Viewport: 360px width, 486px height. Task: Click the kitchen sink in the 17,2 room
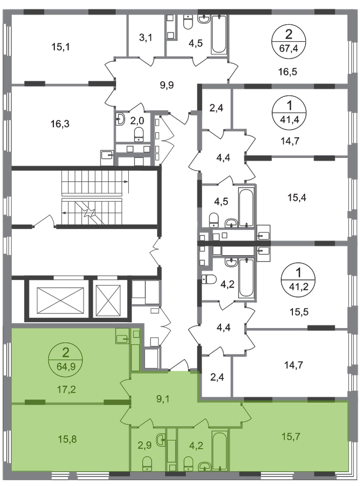[122, 336]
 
